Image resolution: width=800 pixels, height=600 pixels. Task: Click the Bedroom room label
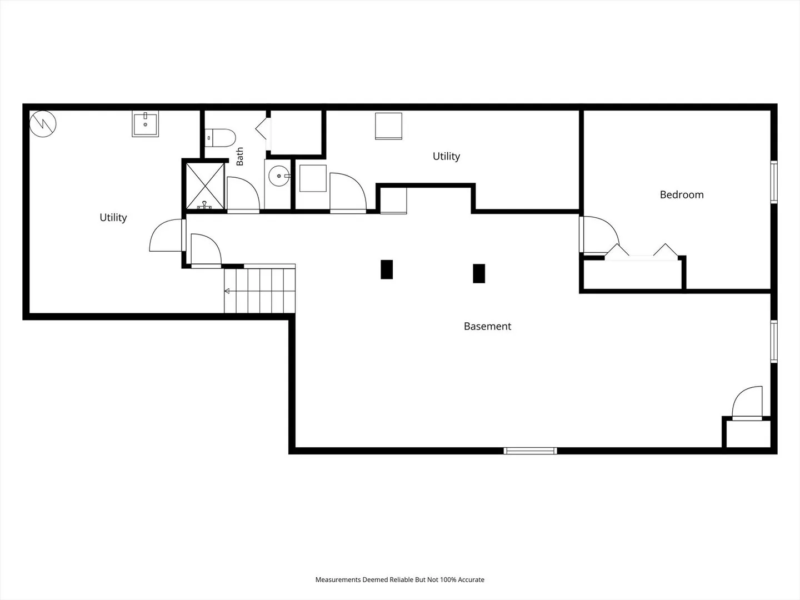click(x=682, y=195)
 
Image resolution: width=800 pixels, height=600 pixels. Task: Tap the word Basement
click(x=487, y=326)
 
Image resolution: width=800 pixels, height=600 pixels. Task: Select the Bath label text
click(x=239, y=156)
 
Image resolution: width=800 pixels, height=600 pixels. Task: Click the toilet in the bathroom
click(x=220, y=138)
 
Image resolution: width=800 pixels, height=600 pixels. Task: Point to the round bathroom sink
click(x=279, y=176)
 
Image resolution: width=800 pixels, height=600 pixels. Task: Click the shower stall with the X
click(x=205, y=186)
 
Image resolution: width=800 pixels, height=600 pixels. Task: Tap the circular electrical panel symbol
click(x=43, y=124)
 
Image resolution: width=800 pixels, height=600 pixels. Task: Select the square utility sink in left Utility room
click(x=145, y=124)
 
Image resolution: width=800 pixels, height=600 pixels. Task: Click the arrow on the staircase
click(x=227, y=291)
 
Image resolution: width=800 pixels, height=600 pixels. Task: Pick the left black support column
click(x=387, y=269)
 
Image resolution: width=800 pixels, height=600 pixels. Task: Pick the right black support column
click(x=479, y=273)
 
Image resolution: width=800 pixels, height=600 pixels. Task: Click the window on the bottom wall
click(x=531, y=451)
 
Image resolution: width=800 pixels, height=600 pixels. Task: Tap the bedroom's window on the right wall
click(x=774, y=182)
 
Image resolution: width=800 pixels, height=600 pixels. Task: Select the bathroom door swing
click(x=243, y=193)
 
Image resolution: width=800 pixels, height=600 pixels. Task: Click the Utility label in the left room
click(x=113, y=217)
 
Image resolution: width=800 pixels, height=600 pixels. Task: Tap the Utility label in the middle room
click(x=447, y=156)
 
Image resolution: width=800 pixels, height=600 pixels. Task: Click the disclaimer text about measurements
click(x=400, y=579)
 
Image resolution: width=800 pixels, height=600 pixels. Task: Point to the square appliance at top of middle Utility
click(x=388, y=126)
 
